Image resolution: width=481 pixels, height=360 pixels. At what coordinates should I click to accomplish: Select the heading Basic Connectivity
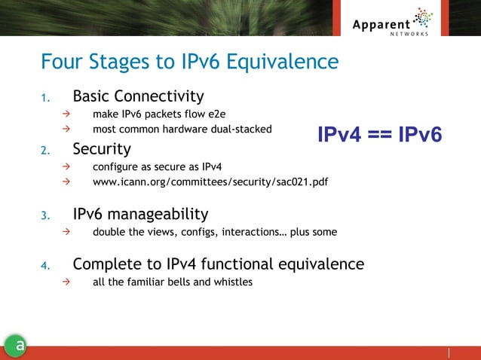[138, 96]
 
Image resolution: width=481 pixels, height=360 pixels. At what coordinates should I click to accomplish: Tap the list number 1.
[44, 98]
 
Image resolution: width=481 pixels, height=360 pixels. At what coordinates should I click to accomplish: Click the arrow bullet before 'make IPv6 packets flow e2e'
[66, 115]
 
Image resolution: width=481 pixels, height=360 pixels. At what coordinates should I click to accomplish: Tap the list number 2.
[44, 150]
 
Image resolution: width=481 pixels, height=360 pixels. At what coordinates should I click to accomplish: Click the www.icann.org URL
[210, 182]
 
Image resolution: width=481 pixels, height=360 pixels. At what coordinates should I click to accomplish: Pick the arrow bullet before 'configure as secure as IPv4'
[66, 166]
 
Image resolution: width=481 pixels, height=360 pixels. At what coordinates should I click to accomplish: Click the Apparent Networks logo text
[381, 25]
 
